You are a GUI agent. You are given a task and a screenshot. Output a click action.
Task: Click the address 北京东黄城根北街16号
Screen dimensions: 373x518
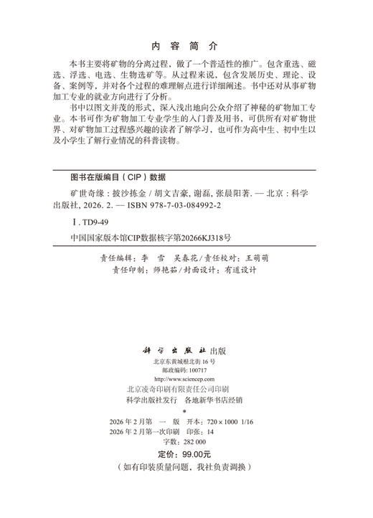(186, 362)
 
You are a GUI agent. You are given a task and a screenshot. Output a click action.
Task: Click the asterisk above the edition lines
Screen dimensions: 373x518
(186, 413)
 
